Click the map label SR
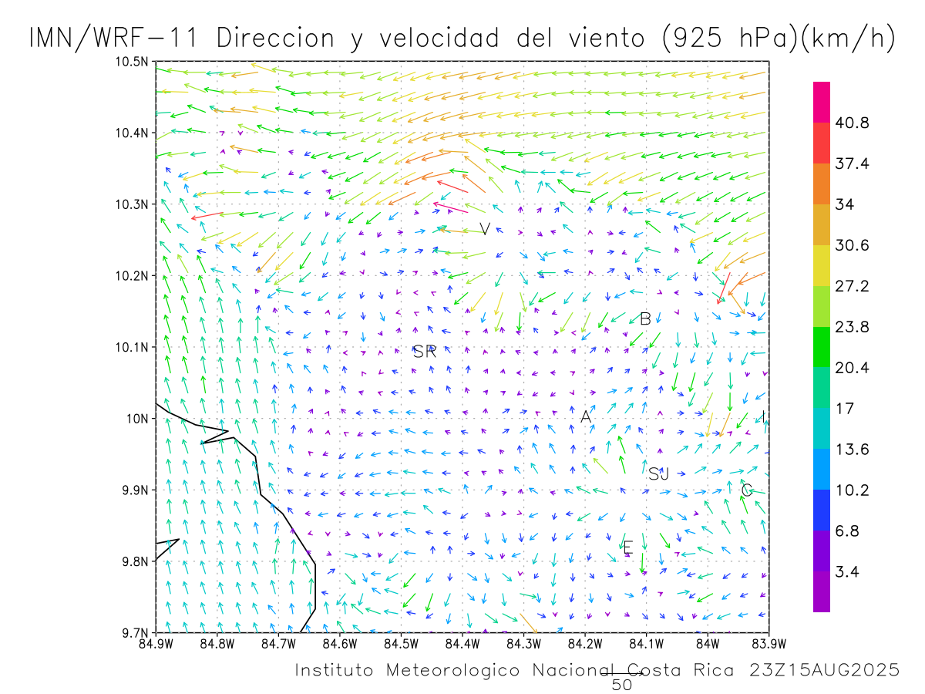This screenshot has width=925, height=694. pyautogui.click(x=425, y=352)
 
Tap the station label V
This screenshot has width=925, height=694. pyautogui.click(x=485, y=229)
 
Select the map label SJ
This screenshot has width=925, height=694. pyautogui.click(x=658, y=474)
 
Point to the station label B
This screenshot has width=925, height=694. pyautogui.click(x=646, y=318)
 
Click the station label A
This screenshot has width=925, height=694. pyautogui.click(x=586, y=417)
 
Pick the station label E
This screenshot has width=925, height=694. pyautogui.click(x=627, y=547)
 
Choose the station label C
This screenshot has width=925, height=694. pyautogui.click(x=746, y=490)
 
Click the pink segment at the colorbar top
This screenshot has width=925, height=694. pyautogui.click(x=822, y=102)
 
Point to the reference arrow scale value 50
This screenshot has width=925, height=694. pyautogui.click(x=621, y=684)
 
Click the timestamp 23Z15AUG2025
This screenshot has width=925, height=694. pyautogui.click(x=824, y=671)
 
